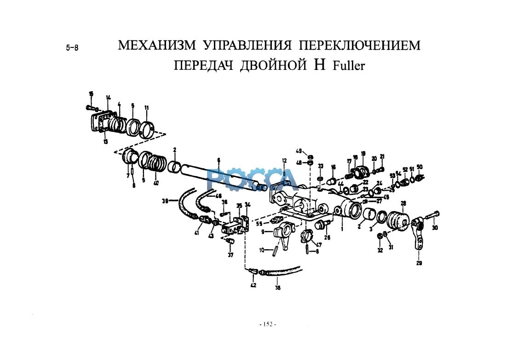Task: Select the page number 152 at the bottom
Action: [x=267, y=325]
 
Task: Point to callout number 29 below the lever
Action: [x=419, y=263]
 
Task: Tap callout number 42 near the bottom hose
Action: [x=253, y=285]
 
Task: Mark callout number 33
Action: [x=321, y=166]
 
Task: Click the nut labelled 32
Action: [x=379, y=236]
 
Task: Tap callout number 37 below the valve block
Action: [x=230, y=255]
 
